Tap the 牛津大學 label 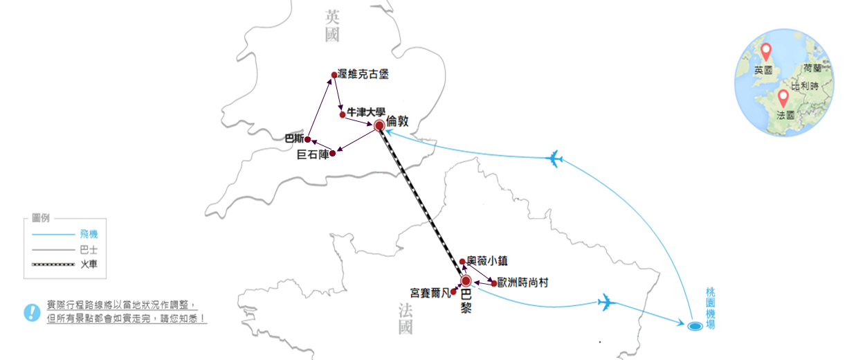[366, 111]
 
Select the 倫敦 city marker [379, 126]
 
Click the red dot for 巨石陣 [332, 153]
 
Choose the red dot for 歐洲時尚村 [493, 283]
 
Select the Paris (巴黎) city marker [466, 281]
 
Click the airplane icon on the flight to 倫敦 [553, 159]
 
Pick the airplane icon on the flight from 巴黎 [606, 302]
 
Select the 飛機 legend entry [89, 235]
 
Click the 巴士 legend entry [89, 249]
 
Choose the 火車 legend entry [89, 264]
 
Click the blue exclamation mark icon [32, 312]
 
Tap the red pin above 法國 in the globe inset [783, 98]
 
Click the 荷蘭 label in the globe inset [812, 69]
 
